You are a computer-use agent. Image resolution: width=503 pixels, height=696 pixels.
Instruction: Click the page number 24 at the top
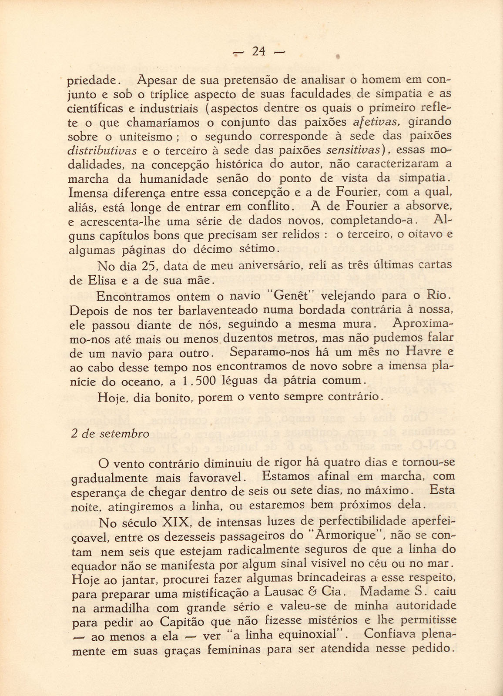[258, 52]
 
